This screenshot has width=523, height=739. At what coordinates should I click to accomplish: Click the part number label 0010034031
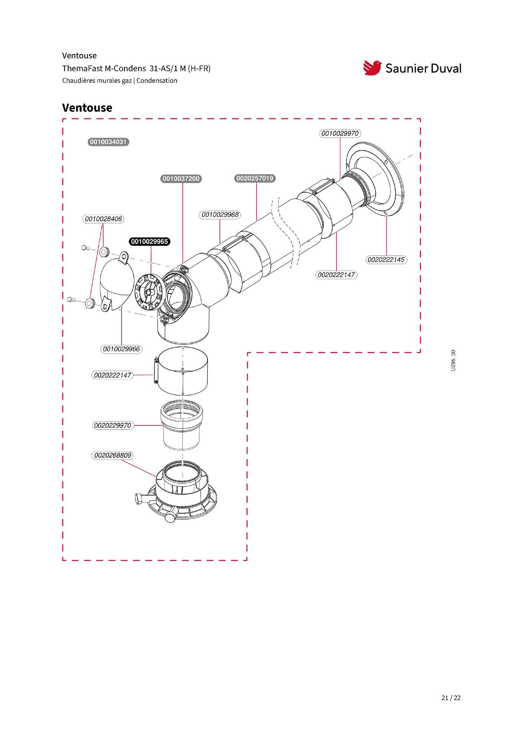[x=108, y=142]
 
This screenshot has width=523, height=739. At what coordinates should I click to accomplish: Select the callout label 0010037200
[x=181, y=179]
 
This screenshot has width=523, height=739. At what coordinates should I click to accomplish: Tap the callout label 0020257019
[x=255, y=178]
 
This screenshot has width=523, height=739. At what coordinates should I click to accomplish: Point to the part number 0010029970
[x=340, y=133]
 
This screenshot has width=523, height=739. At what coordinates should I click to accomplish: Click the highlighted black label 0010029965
[x=149, y=242]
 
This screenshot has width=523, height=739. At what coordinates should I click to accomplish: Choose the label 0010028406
[x=103, y=219]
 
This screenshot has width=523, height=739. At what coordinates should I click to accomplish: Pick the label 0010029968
[x=220, y=215]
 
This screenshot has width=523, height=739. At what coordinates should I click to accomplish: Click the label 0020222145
[x=386, y=259]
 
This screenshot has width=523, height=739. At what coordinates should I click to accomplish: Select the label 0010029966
[x=121, y=349]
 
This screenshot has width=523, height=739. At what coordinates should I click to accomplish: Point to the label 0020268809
[x=112, y=455]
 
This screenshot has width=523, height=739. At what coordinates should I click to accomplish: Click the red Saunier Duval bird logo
[x=372, y=67]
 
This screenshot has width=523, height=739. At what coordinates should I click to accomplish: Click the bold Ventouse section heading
[x=87, y=108]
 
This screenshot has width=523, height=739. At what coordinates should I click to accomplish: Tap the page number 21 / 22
[x=451, y=698]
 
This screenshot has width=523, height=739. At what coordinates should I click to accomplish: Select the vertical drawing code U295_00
[x=453, y=361]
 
